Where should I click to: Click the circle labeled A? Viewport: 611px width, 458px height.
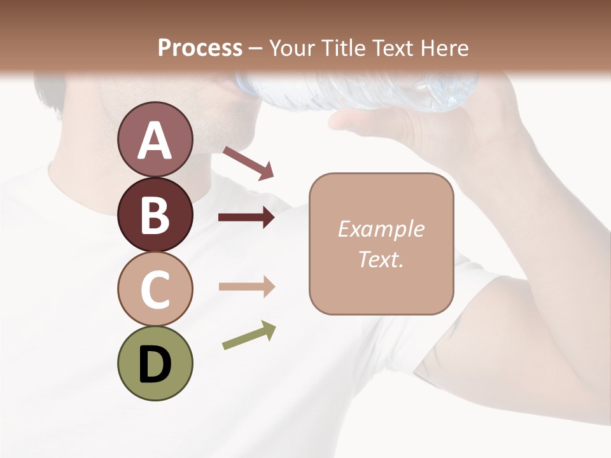(x=155, y=139)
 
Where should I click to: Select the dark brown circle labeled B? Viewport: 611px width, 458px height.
(x=155, y=214)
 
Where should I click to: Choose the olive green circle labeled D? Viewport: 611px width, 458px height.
(x=155, y=363)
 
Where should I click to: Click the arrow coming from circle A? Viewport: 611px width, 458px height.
(x=248, y=163)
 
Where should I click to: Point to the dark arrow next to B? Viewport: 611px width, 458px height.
(x=246, y=218)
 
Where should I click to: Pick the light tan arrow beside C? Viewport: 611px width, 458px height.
(x=246, y=287)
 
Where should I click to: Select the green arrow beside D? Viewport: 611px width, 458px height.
(x=249, y=335)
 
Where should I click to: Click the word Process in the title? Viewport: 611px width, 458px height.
(x=200, y=48)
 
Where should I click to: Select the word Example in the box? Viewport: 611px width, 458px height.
(x=381, y=229)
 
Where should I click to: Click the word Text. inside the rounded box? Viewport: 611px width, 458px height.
(x=381, y=259)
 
